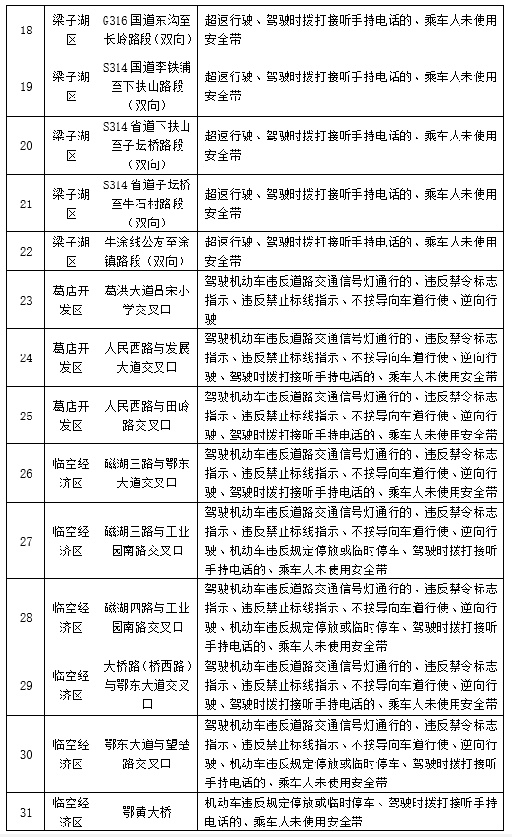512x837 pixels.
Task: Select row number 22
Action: (26, 249)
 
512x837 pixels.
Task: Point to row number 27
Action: (26, 540)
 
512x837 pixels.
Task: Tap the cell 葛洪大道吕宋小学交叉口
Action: (147, 299)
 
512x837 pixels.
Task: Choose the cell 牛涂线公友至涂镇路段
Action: (147, 249)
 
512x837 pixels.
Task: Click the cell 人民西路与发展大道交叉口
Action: (147, 356)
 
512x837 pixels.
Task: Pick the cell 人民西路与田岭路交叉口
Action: (147, 415)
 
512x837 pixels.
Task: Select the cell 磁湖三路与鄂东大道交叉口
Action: (147, 472)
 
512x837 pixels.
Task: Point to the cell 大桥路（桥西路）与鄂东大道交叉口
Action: (147, 684)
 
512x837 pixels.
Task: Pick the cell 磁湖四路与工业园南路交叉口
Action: (147, 616)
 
